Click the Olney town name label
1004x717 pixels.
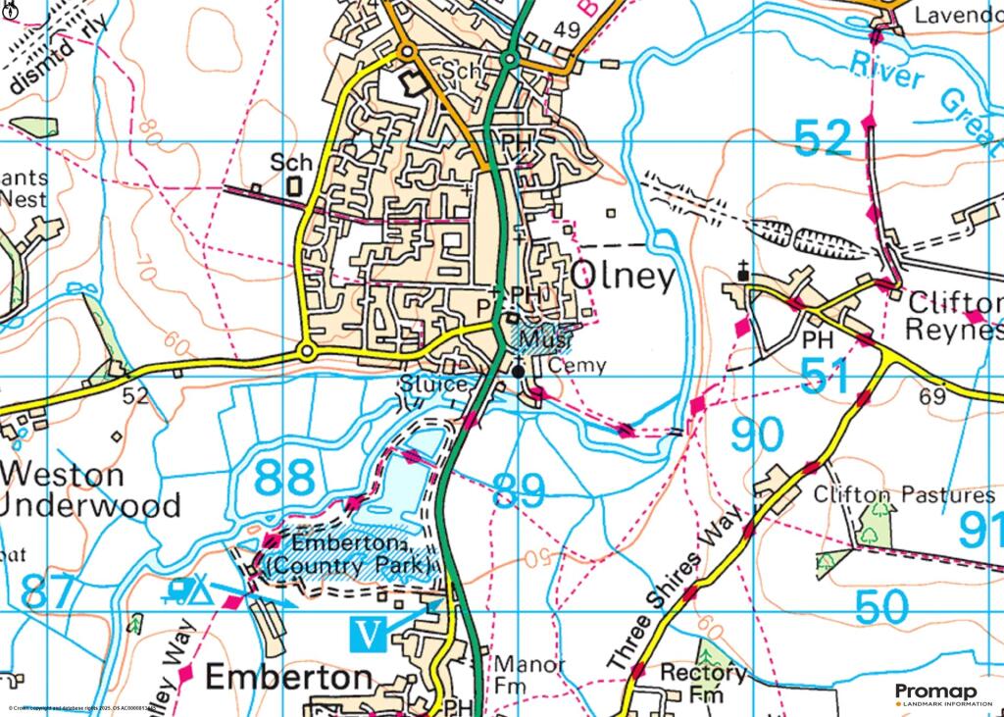coord(624,278)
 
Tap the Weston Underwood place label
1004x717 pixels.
coord(90,490)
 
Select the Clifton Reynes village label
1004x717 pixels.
coord(955,316)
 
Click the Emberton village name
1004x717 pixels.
coord(289,678)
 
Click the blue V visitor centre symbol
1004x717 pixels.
coord(368,634)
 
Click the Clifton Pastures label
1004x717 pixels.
coord(904,494)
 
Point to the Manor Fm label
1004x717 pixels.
coord(528,676)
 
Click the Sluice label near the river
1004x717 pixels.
coord(431,384)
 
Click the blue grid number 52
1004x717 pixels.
coord(822,139)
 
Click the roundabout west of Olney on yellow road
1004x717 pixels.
coord(307,350)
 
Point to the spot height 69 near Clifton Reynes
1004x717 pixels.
coord(933,397)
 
